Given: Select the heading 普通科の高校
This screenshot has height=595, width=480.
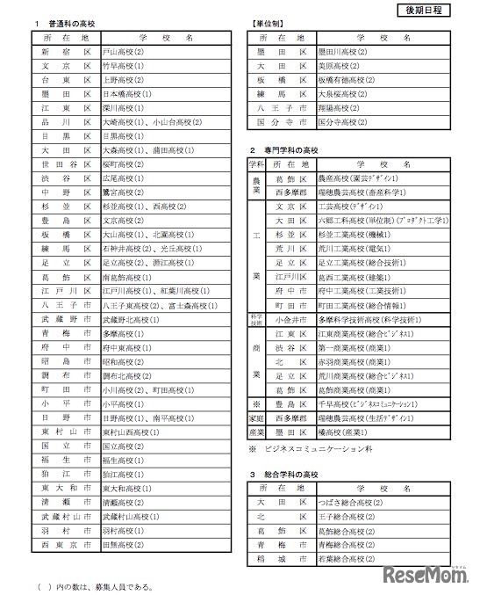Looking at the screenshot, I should [x=73, y=22].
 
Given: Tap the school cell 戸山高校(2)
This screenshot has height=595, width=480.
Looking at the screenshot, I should [x=124, y=52].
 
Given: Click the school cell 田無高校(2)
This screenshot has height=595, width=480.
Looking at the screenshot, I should [x=124, y=546].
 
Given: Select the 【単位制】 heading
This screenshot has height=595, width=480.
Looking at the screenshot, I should [x=268, y=22].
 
